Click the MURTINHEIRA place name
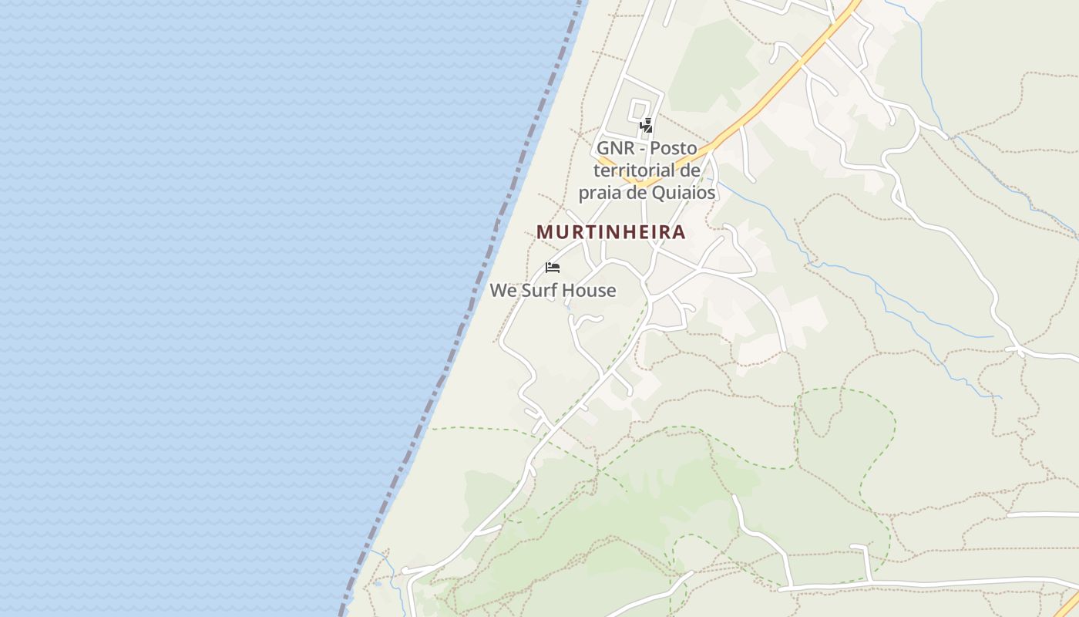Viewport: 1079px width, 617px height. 611,232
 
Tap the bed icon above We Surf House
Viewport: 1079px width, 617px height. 552,268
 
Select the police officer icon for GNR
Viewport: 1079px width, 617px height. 647,125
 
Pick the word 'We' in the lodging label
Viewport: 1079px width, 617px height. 503,291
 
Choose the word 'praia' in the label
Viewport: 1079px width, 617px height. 600,193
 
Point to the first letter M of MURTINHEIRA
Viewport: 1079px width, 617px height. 544,232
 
